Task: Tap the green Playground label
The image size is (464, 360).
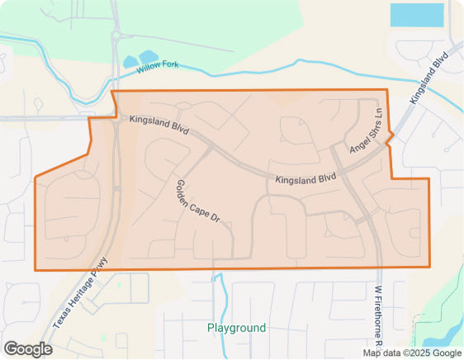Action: pyautogui.click(x=237, y=328)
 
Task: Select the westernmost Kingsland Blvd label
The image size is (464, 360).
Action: pyautogui.click(x=159, y=126)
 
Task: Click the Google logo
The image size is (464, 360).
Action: pyautogui.click(x=28, y=349)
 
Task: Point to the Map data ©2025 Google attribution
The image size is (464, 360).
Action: pyautogui.click(x=412, y=353)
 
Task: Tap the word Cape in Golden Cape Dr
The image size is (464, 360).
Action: pyautogui.click(x=199, y=203)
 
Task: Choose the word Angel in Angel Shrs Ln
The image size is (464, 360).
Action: pyautogui.click(x=358, y=144)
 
